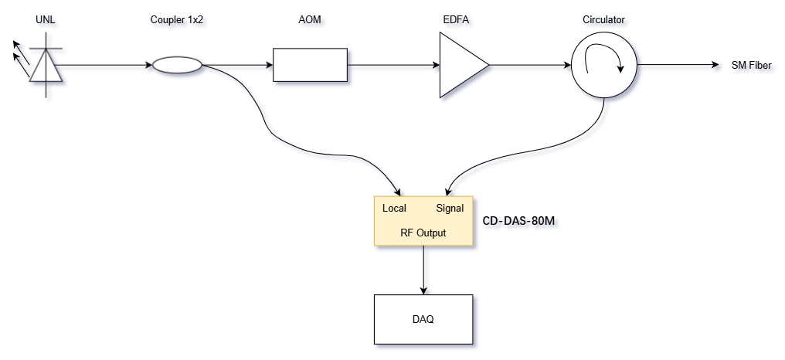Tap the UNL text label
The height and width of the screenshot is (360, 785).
click(x=47, y=19)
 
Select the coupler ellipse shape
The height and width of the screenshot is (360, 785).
click(x=177, y=66)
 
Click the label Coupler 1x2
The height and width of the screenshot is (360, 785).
click(x=177, y=19)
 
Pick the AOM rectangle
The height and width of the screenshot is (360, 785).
click(x=310, y=66)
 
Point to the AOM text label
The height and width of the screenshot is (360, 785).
click(x=310, y=19)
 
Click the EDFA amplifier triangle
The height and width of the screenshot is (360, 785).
click(x=461, y=66)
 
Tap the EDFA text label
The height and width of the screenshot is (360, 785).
click(x=461, y=19)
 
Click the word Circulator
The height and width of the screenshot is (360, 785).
click(x=603, y=19)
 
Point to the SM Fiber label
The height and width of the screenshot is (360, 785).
click(x=751, y=66)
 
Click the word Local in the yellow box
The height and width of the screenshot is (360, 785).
click(x=394, y=209)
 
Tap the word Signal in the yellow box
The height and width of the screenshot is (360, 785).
click(x=450, y=209)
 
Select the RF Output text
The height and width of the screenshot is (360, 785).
click(x=423, y=233)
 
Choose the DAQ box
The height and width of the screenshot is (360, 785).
click(x=423, y=318)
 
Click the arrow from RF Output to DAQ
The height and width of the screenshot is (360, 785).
click(x=423, y=270)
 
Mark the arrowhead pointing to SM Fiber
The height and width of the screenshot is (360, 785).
click(x=716, y=66)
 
